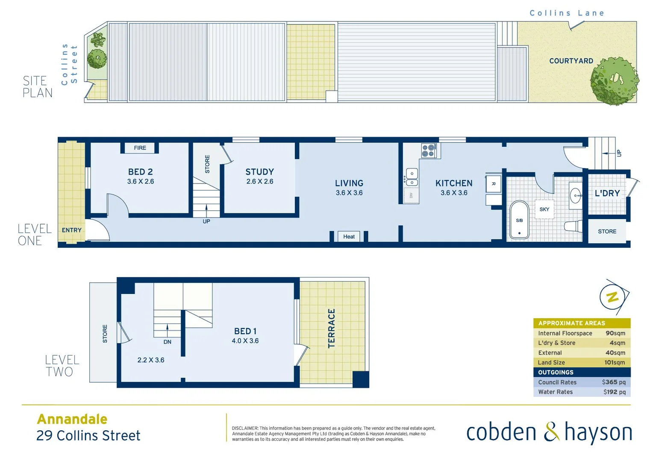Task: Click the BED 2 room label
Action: click(140, 172)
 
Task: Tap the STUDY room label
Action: click(259, 172)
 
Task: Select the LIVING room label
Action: click(349, 183)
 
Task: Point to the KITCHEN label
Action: click(454, 183)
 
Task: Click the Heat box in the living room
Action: click(349, 237)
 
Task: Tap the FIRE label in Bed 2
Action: click(140, 148)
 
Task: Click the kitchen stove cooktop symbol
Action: click(428, 151)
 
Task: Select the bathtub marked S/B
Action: click(519, 220)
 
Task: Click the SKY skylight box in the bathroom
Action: click(544, 209)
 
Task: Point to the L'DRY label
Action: click(607, 193)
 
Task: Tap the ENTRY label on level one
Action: click(71, 230)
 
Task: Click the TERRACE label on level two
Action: click(331, 329)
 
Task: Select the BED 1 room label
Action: click(245, 331)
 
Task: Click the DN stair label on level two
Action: click(167, 342)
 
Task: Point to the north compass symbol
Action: click(613, 296)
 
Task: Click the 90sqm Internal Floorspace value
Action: click(615, 333)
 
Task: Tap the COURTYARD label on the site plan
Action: click(571, 61)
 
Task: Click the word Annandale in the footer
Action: click(72, 419)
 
